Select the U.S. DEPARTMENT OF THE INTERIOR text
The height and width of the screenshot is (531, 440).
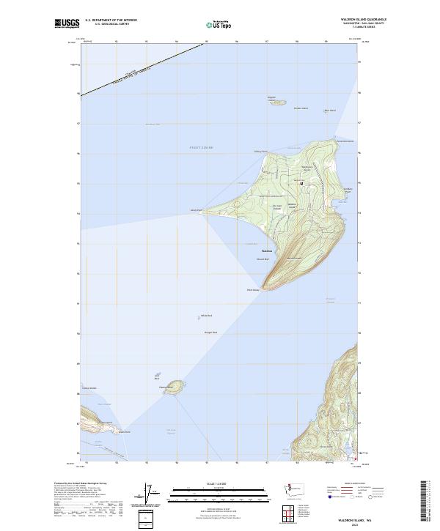[111, 20]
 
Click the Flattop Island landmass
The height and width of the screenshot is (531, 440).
[174, 387]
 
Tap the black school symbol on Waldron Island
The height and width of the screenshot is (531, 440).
[301, 182]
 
